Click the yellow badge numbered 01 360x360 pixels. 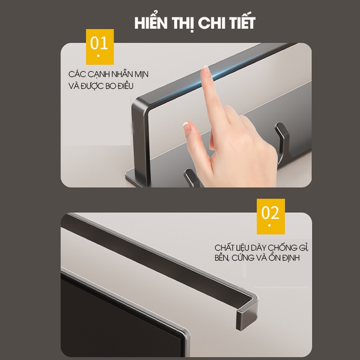100,46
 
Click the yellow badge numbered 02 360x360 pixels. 271,216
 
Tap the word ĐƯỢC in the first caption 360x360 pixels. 92,85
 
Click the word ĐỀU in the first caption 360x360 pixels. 125,85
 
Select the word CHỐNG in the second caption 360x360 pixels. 282,247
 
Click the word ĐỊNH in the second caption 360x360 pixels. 291,257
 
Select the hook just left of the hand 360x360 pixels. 192,177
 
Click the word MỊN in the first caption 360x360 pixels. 141,74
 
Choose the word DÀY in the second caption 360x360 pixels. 258,248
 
